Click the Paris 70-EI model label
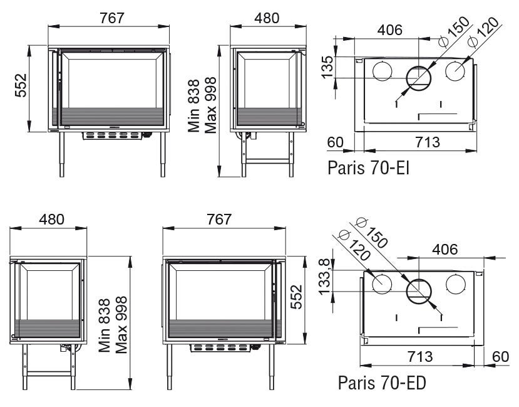368,167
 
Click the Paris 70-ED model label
382,383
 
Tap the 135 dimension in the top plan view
327,67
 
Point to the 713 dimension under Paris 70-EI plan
428,142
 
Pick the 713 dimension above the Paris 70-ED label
420,357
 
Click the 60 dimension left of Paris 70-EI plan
336,142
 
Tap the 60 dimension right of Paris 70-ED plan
500,357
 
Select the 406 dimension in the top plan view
390,30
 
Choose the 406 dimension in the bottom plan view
445,249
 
